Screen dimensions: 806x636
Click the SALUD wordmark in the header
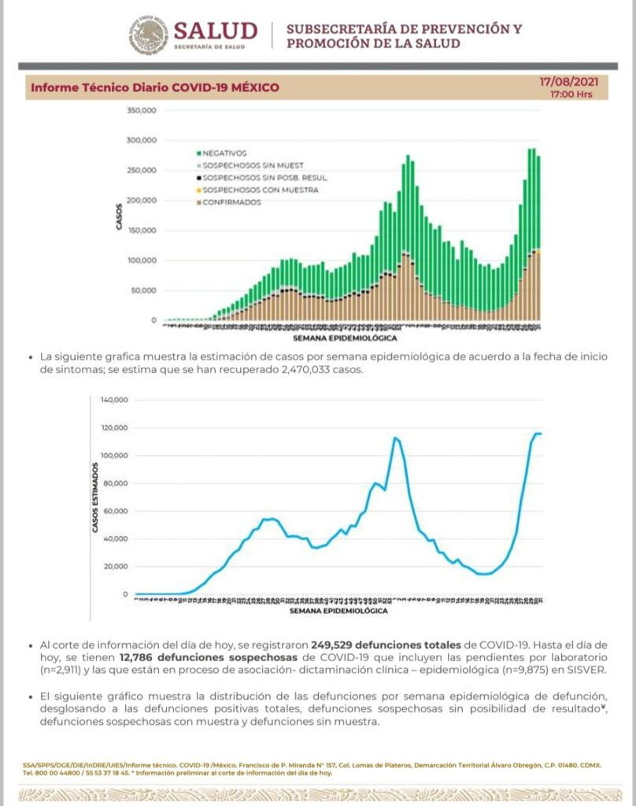tap(215, 31)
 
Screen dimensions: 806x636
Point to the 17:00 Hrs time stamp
tap(571, 94)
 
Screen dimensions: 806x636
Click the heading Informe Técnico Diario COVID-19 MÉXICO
tap(154, 87)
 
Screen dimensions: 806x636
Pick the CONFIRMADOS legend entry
tap(231, 202)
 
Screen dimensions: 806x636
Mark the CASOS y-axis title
tap(120, 216)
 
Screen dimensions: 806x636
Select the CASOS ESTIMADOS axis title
tap(95, 498)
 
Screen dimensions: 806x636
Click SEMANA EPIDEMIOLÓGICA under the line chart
tap(338, 610)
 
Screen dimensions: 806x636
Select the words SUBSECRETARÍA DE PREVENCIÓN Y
tap(404, 30)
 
